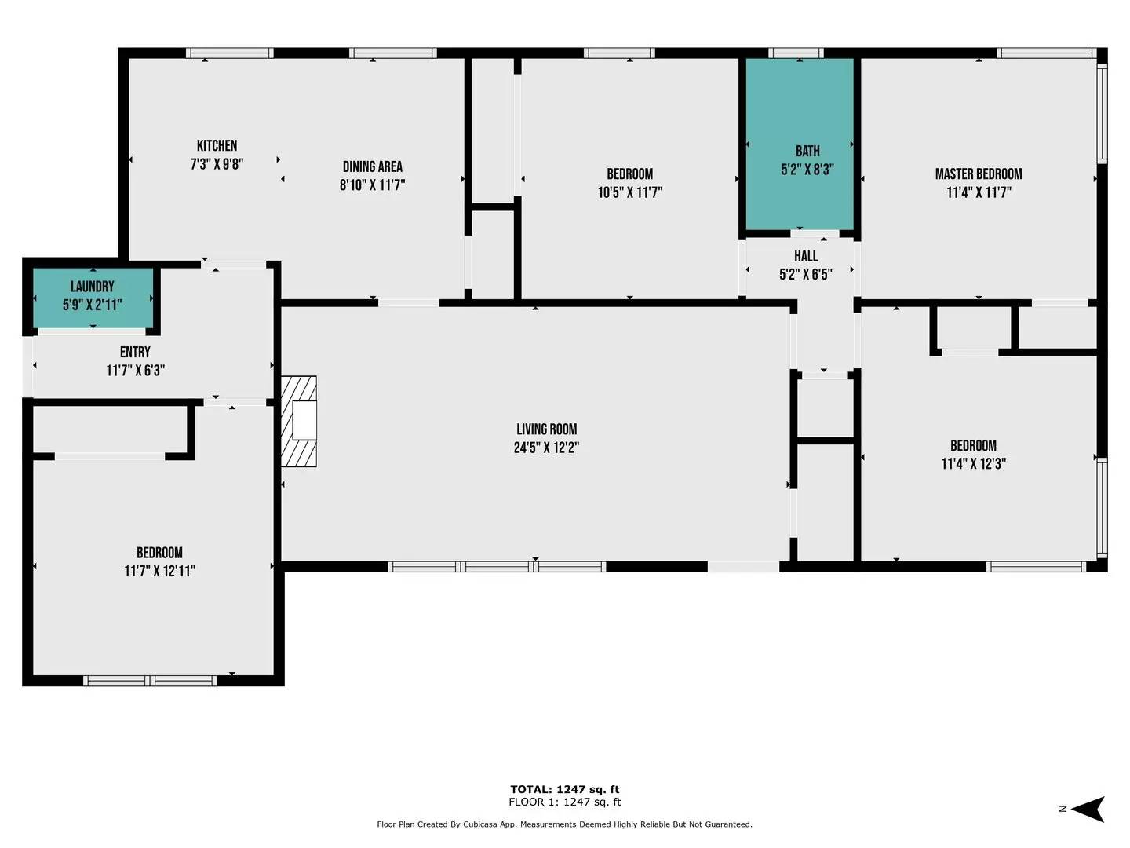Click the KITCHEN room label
point(217,146)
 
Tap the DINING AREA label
point(372,166)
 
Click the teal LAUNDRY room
point(93,297)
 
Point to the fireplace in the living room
point(300,422)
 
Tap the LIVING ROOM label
point(546,429)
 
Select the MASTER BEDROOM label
point(978,174)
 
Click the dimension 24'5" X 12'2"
point(546,448)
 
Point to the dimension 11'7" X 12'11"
point(159,572)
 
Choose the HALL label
point(805,256)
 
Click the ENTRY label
point(135,353)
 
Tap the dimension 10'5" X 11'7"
point(629,192)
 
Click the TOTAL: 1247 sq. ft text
point(564,789)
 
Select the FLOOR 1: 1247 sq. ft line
point(564,802)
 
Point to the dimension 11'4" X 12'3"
point(973,464)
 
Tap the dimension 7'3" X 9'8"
point(217,165)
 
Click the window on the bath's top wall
point(796,53)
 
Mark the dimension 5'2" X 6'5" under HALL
point(805,275)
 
